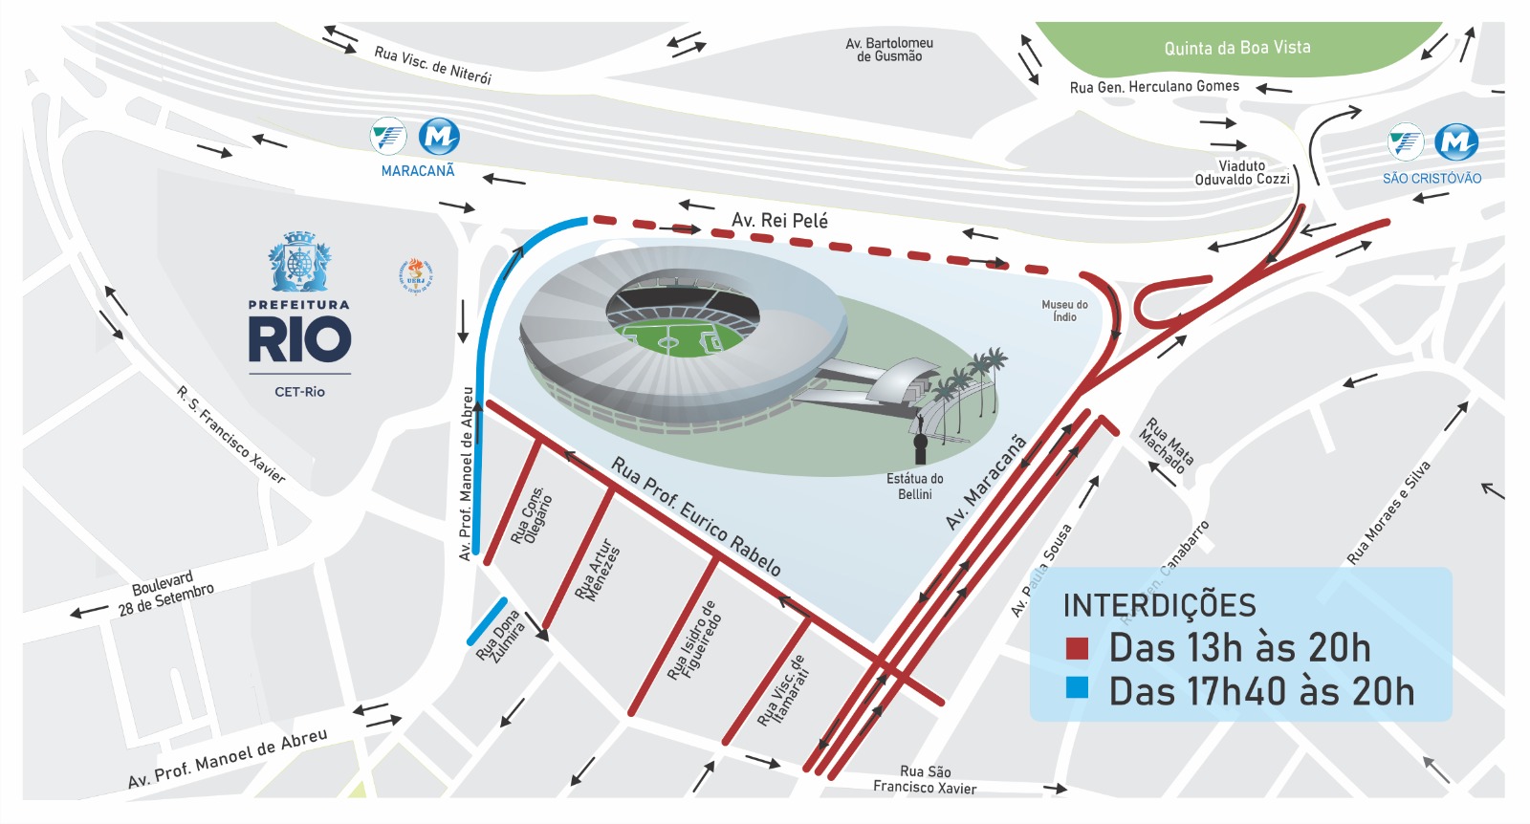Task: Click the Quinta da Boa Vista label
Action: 1236,48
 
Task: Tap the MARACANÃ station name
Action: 418,171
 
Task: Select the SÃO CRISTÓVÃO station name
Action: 1432,179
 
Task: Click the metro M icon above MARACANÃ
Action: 439,137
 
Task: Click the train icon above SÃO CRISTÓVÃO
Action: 1405,142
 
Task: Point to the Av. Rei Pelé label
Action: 779,221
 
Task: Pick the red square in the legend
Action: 1077,649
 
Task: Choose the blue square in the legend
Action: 1077,688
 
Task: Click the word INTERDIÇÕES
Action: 1159,606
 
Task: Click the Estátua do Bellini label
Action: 915,487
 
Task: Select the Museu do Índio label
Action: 1064,311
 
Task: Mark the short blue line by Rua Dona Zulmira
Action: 487,621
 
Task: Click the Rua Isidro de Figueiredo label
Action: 694,640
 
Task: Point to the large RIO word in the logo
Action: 299,340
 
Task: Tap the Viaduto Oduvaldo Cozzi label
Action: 1242,173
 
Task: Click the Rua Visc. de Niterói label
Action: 432,64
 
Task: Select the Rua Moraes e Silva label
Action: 1388,512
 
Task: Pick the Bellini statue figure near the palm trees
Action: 920,440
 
